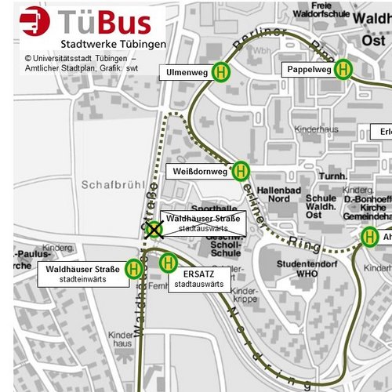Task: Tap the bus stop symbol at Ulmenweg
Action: tap(222, 72)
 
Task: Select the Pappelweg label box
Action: tap(307, 70)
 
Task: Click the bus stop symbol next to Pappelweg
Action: tap(343, 70)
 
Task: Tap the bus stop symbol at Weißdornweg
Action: tap(241, 170)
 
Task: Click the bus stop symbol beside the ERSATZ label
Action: tap(168, 263)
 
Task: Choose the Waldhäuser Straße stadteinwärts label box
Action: tap(82, 274)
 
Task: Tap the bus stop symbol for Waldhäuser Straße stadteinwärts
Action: tap(134, 270)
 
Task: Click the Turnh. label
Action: tap(332, 176)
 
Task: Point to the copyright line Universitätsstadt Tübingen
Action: tap(80, 59)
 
